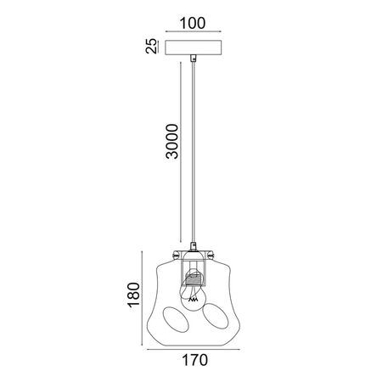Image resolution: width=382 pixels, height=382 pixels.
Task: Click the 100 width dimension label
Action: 193,23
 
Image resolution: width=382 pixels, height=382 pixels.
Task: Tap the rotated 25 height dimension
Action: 151,46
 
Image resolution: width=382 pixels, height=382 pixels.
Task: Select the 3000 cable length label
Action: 172,141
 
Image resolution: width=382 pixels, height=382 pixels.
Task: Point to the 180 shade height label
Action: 133,295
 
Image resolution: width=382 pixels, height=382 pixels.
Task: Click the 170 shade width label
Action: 194,360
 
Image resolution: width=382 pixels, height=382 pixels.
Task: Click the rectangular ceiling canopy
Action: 193,48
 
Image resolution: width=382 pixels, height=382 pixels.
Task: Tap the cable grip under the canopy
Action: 194,58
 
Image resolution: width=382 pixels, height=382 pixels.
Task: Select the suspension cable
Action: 194,151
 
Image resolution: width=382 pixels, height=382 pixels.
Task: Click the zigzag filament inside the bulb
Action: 194,300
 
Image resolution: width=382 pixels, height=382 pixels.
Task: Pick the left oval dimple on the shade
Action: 176,319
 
